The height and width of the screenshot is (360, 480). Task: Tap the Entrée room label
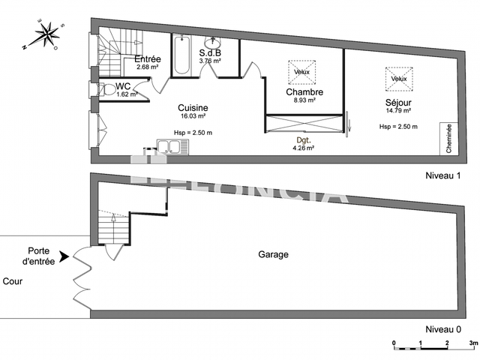point(148,59)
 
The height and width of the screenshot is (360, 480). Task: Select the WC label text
point(124,86)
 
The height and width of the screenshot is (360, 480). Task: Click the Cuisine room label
point(193,108)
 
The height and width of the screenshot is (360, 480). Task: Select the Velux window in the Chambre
point(301,72)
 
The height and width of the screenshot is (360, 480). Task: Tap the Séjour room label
point(398,102)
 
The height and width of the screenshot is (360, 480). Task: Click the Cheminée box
point(448,139)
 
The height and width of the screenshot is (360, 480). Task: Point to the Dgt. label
point(303,139)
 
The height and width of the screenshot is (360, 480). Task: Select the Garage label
point(274,255)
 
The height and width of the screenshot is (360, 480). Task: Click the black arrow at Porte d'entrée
point(64,256)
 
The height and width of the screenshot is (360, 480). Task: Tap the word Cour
point(12,282)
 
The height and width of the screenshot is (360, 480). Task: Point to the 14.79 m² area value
point(398,111)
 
